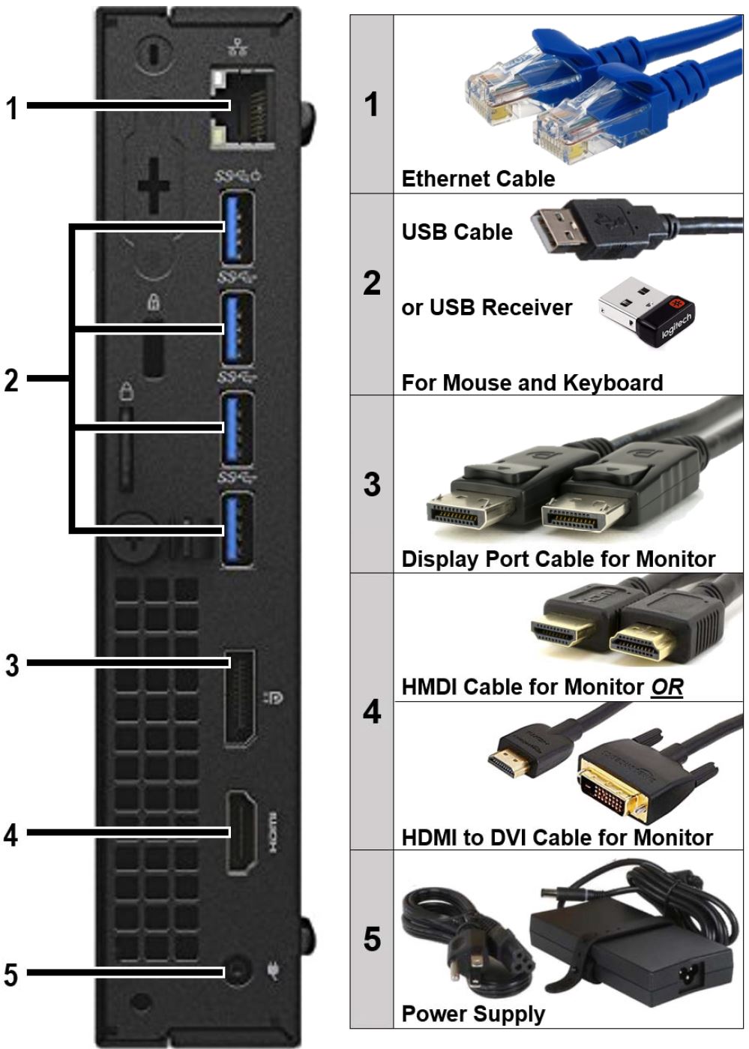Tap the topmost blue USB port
click(237, 228)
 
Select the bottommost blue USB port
click(237, 529)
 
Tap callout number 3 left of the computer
click(12, 664)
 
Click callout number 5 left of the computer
click(10, 974)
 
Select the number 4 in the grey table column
click(372, 712)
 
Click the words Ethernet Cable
click(478, 178)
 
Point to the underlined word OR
click(667, 687)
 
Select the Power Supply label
click(473, 1014)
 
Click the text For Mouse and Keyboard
click(532, 382)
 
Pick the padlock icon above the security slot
click(154, 302)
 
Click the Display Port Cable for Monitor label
click(558, 559)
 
